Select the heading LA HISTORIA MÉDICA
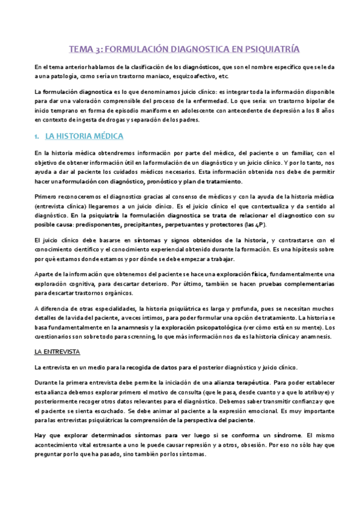pos(85,137)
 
